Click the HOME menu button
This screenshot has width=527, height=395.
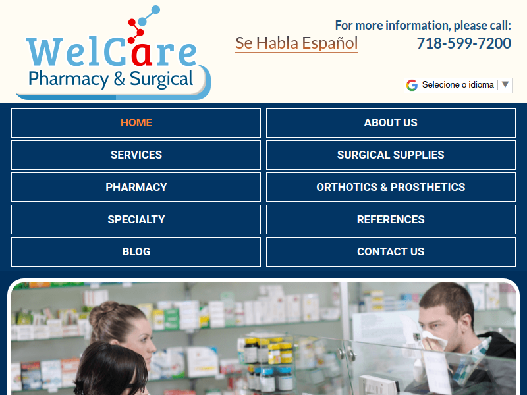[x=136, y=122]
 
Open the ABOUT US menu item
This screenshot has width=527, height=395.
[x=391, y=122]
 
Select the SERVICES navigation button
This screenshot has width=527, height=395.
[x=136, y=155]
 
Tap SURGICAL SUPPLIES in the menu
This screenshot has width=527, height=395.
[x=391, y=155]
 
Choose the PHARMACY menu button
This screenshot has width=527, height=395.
[x=136, y=187]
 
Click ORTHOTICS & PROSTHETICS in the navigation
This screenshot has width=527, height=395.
[x=391, y=187]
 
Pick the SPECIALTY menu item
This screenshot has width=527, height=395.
[x=136, y=219]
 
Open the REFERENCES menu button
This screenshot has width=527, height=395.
[x=391, y=219]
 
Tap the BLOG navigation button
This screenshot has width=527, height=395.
[x=136, y=251]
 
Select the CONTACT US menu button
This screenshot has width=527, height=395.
[x=391, y=251]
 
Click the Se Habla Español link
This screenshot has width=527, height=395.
[x=296, y=43]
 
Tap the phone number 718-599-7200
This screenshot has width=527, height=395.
[x=464, y=43]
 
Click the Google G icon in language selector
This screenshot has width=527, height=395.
[x=412, y=85]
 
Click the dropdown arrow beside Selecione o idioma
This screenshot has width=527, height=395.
[x=505, y=84]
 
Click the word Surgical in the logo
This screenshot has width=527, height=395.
[x=161, y=79]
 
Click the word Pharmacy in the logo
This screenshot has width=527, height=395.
[x=69, y=79]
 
